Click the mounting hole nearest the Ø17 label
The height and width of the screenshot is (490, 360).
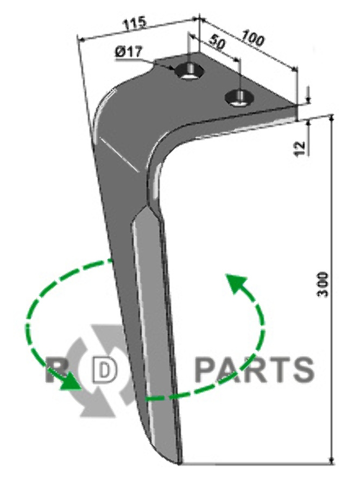pos(190,71)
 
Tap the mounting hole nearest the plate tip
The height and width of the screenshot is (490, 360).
pos(239,98)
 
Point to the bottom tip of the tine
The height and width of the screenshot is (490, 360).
pos(179,463)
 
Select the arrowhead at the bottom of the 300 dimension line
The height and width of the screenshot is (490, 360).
pos(332,461)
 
